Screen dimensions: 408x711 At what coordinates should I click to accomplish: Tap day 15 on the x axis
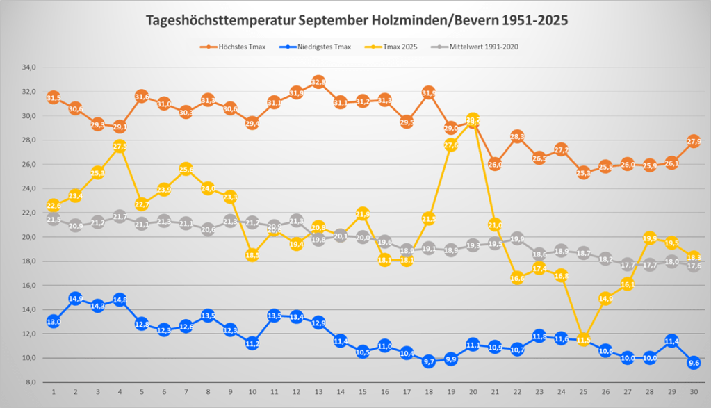(x=363, y=393)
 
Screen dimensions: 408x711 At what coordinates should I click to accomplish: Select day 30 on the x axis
(x=694, y=393)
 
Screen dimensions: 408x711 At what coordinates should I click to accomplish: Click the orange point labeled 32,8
(x=318, y=82)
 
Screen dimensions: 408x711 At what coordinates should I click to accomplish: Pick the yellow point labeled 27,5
(x=120, y=146)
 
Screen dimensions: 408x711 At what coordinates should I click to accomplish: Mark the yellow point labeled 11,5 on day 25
(x=583, y=340)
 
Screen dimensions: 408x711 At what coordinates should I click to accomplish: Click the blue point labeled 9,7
(x=429, y=361)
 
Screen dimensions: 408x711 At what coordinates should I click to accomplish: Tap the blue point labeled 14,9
(x=75, y=299)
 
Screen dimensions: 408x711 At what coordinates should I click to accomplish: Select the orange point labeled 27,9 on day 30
(x=694, y=141)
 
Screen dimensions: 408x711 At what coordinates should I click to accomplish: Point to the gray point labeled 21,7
(x=120, y=217)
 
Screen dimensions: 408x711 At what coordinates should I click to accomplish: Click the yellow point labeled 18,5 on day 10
(x=252, y=255)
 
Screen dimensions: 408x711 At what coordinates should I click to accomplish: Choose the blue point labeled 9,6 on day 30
(x=694, y=363)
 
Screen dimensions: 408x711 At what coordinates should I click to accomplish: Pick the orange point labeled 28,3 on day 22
(x=517, y=136)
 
